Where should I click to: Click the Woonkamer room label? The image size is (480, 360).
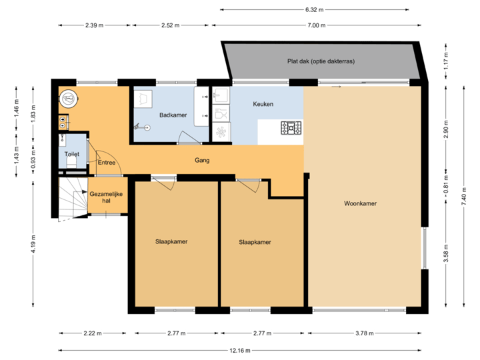[x=361, y=203]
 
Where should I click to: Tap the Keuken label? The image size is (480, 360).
[x=263, y=105]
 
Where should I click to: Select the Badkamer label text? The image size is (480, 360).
[x=173, y=115]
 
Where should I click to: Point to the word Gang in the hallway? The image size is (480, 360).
[x=203, y=160]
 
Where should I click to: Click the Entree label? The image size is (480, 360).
[x=107, y=162]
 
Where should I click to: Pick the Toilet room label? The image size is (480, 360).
[x=71, y=154]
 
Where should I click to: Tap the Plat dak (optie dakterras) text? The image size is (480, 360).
[x=321, y=61]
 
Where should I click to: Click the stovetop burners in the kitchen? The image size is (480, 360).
[x=291, y=127]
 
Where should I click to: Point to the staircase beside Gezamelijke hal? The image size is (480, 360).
[x=71, y=199]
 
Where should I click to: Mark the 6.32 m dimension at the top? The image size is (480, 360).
[x=314, y=10]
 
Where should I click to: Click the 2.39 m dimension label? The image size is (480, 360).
[x=94, y=25]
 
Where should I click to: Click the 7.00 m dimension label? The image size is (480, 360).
[x=316, y=25]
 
